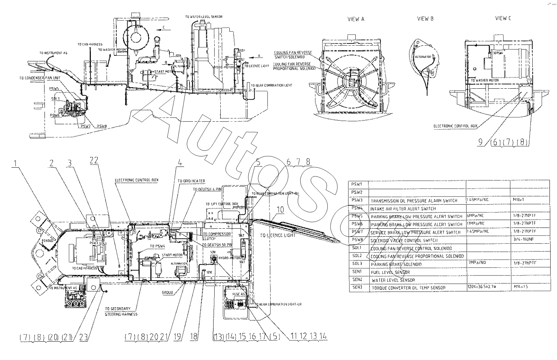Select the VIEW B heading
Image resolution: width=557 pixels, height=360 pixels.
425,19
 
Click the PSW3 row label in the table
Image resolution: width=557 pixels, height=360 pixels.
357,200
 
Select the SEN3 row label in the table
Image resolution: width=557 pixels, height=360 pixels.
357,287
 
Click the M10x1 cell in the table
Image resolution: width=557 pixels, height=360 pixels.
519,200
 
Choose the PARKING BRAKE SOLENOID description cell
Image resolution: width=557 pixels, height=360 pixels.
396,264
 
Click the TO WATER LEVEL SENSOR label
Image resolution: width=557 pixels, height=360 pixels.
203,17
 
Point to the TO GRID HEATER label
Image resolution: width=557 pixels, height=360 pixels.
191,181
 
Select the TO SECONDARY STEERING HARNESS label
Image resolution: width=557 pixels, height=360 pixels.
121,311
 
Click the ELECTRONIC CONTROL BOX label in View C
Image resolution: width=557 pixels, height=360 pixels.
456,126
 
